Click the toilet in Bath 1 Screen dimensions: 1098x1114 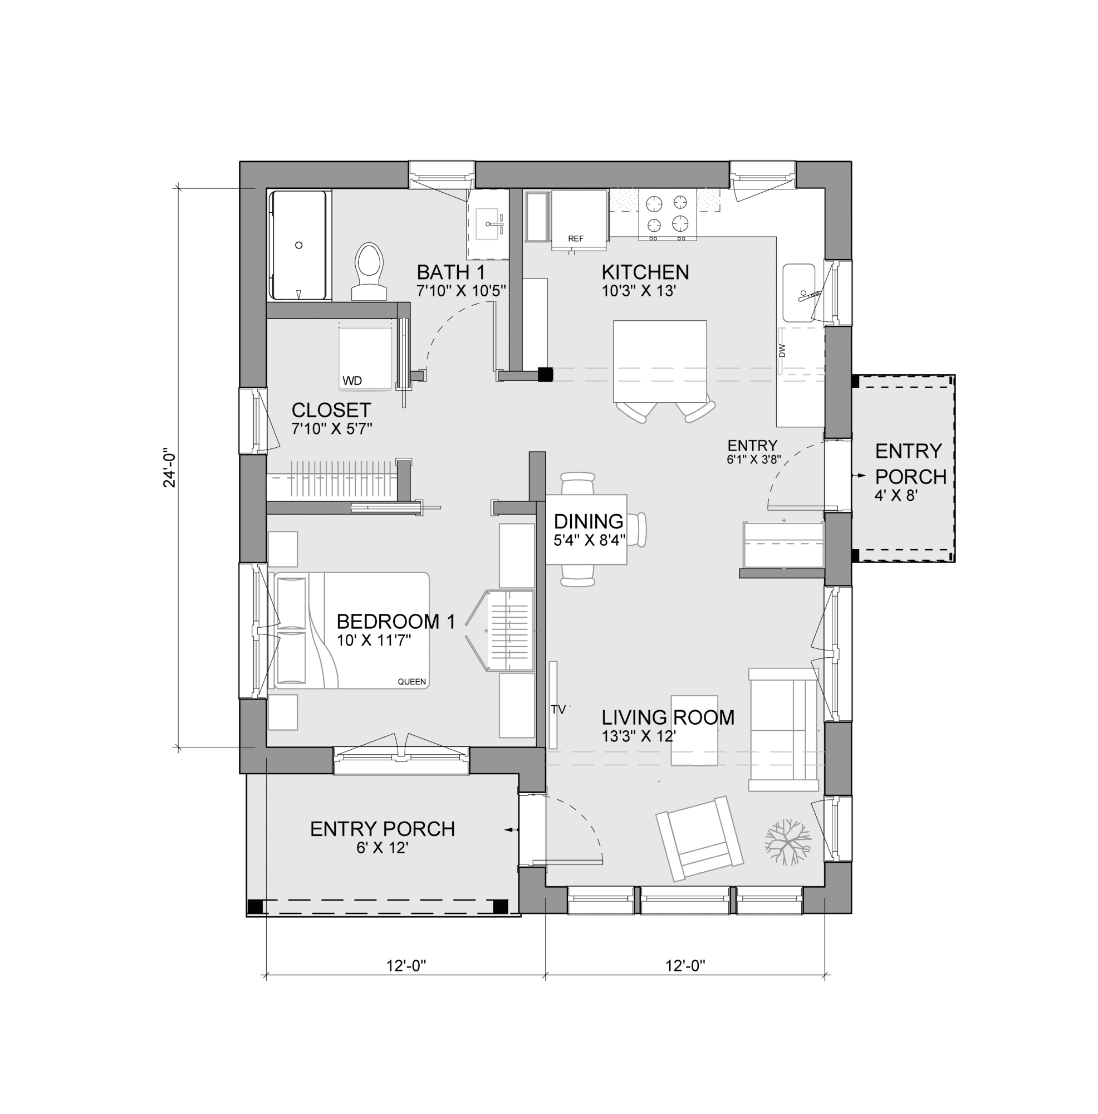(x=369, y=271)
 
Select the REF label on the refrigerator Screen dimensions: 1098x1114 (x=575, y=238)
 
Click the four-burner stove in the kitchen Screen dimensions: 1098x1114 (x=667, y=214)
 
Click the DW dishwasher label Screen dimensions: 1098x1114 (x=782, y=350)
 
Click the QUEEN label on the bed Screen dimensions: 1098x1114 (x=411, y=682)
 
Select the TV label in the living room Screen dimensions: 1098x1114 (x=558, y=710)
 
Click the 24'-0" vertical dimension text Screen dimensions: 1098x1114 (x=169, y=468)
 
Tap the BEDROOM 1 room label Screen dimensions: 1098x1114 (x=395, y=622)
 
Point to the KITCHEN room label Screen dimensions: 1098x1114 (x=645, y=272)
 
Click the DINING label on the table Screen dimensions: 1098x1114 (x=588, y=521)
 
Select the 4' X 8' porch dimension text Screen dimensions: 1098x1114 (x=895, y=495)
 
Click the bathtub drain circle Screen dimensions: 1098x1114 (x=298, y=245)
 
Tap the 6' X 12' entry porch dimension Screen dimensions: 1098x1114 (x=382, y=848)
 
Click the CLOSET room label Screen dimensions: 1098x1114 (x=331, y=410)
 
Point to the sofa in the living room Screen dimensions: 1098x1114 (x=783, y=730)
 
